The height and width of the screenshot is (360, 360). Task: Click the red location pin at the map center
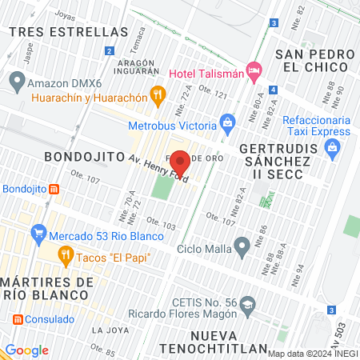(180, 162)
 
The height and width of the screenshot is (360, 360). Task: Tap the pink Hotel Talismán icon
(254, 71)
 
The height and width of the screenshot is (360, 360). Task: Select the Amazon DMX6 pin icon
(16, 81)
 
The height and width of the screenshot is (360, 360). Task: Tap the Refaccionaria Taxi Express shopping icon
(334, 147)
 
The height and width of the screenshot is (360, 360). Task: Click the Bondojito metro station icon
(54, 189)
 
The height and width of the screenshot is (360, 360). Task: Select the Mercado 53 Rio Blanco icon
(38, 235)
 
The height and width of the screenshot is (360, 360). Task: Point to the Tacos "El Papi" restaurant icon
(66, 257)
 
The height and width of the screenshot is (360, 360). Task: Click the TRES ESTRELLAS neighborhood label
(69, 32)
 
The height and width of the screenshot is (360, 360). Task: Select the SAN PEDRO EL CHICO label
(314, 61)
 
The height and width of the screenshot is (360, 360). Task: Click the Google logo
(26, 350)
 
